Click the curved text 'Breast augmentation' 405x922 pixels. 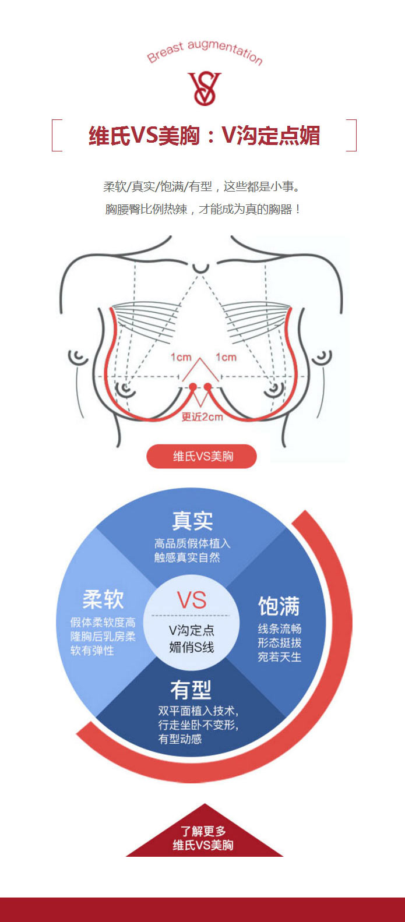coord(205,51)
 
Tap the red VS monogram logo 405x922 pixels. coord(205,89)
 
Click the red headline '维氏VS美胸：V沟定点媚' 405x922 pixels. coord(205,136)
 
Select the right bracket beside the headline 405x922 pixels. coord(353,135)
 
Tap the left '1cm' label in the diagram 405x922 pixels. coord(181,357)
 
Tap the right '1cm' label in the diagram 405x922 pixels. coord(226,357)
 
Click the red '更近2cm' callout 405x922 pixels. coord(202,416)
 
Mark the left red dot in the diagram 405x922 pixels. coord(192,386)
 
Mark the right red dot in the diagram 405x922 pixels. coord(207,386)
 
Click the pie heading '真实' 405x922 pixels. coord(192,520)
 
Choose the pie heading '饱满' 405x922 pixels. coord(279,606)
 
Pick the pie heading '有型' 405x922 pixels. coord(191,690)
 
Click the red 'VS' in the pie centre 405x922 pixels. coord(192,600)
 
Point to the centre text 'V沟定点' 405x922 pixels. coord(192,630)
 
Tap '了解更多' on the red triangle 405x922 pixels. coord(203,831)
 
